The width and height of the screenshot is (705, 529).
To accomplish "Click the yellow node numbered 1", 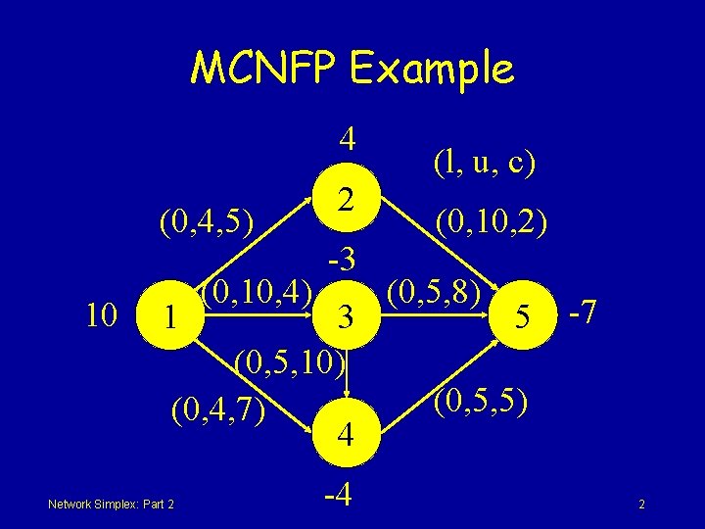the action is click(x=171, y=316).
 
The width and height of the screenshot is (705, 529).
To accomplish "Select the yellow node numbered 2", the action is click(x=344, y=201).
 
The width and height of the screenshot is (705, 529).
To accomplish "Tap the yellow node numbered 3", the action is click(x=344, y=316).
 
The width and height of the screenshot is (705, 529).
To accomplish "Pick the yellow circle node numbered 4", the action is click(x=344, y=432).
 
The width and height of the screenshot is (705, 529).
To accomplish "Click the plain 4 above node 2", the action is click(x=346, y=140).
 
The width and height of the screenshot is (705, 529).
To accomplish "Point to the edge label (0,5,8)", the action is click(x=434, y=292).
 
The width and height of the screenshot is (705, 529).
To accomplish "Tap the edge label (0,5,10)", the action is click(x=290, y=364).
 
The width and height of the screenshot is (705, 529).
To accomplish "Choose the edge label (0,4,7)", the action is click(x=217, y=406).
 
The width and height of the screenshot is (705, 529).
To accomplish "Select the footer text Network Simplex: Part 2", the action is click(x=111, y=505).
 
